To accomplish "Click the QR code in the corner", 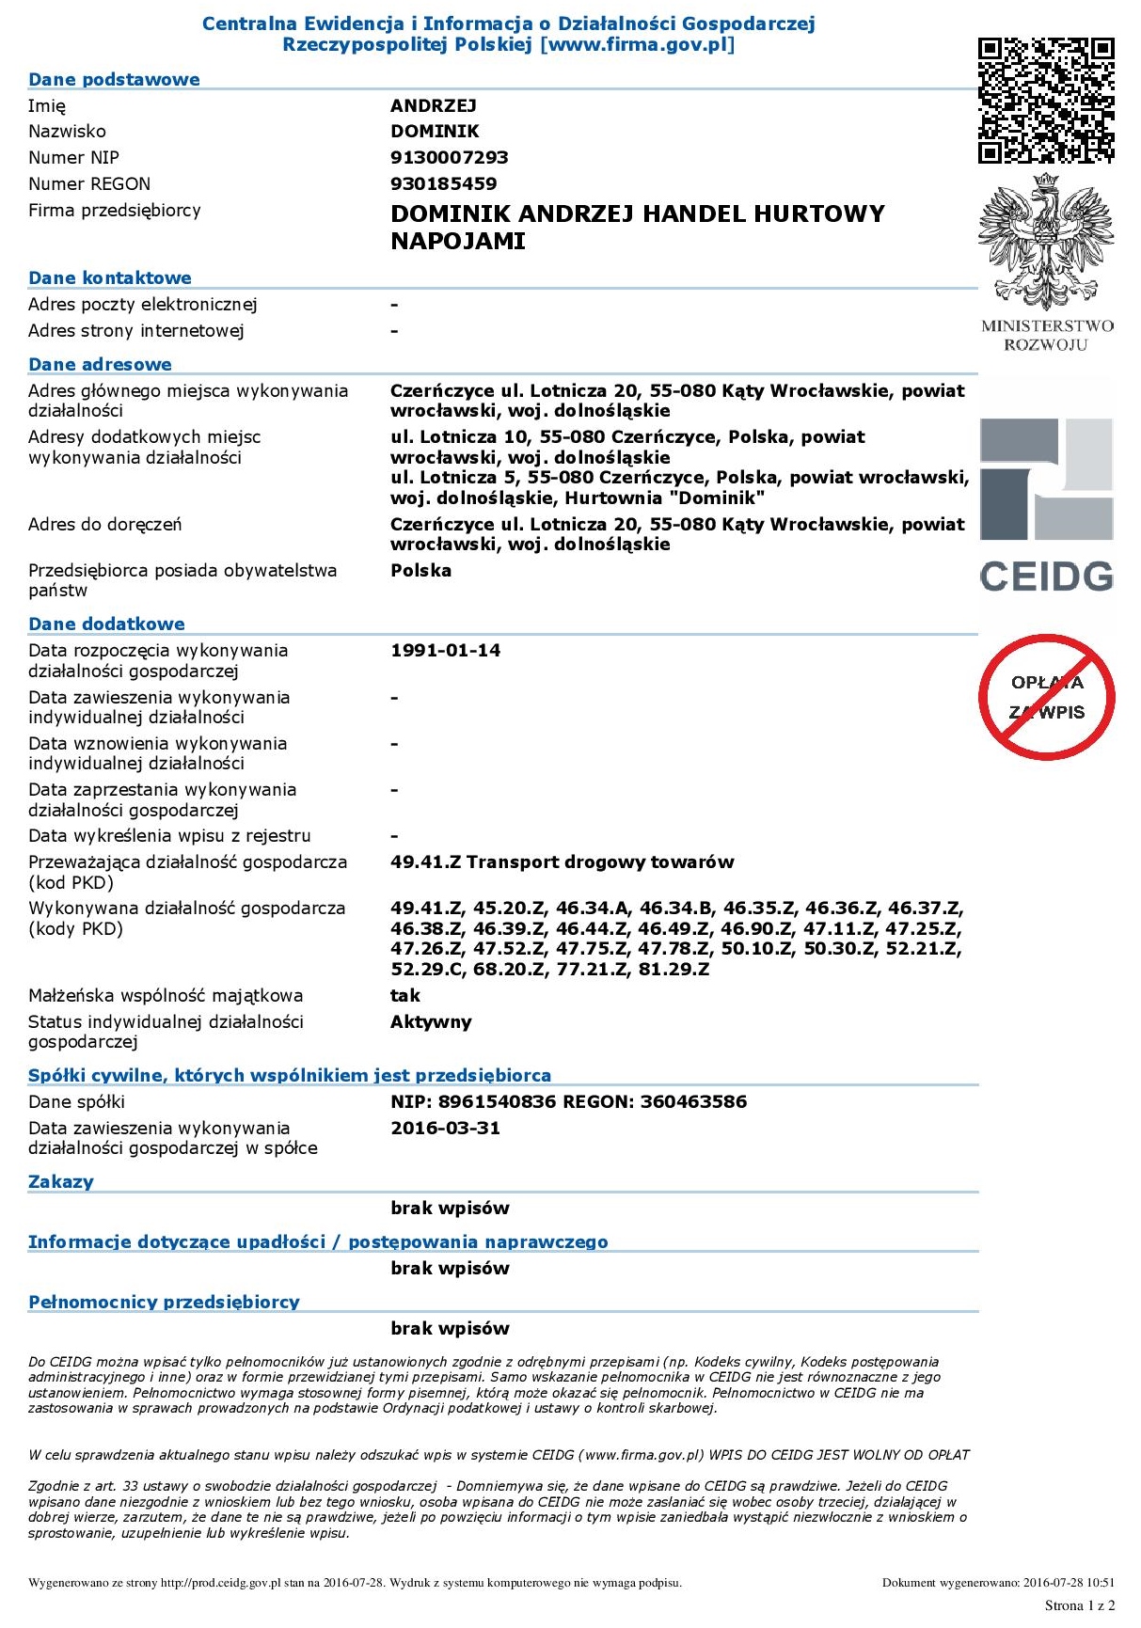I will (x=1046, y=100).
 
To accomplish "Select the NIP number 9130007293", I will (x=449, y=157).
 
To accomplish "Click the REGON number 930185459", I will (x=443, y=183).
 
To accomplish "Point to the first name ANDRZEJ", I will (x=434, y=105).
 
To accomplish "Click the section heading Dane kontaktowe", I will (x=109, y=277).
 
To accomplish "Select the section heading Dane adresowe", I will (x=100, y=364).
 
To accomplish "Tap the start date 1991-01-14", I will (x=445, y=650).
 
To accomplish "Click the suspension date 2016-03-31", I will (x=445, y=1128).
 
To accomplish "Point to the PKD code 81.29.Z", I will (x=674, y=969).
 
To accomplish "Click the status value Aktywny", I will (x=431, y=1021).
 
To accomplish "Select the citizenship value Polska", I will (x=420, y=570).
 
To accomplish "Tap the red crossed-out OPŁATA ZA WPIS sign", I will (x=1046, y=697).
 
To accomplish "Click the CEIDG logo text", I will (x=1046, y=577).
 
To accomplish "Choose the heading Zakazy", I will (x=60, y=1181).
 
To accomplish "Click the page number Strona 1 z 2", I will (x=1079, y=1604).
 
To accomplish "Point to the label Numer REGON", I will (x=89, y=183).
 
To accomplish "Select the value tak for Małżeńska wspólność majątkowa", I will (x=405, y=995).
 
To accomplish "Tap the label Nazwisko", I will (x=67, y=131).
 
